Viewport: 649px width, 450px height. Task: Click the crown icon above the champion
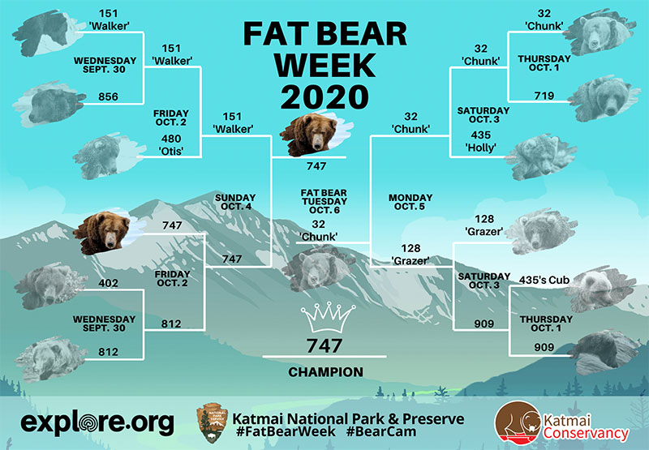[328, 317]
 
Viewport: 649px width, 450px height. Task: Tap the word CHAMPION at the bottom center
[326, 372]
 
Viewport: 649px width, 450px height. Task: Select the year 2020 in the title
[325, 97]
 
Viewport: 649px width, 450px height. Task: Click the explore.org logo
[97, 422]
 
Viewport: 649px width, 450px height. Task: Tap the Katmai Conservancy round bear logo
[518, 423]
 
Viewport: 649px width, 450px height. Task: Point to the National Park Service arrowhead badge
[213, 422]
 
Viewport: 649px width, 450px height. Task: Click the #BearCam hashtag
[381, 432]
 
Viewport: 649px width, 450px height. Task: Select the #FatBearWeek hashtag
[286, 432]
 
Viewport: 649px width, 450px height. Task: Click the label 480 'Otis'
[171, 145]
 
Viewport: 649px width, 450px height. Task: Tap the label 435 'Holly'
[480, 141]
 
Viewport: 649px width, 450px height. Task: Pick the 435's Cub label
[544, 280]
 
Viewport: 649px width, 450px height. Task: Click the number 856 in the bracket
[109, 96]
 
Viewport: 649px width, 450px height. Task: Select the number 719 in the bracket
[544, 96]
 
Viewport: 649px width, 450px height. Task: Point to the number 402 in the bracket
[109, 283]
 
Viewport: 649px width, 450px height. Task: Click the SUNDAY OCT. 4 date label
[235, 202]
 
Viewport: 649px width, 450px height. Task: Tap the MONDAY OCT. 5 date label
[410, 202]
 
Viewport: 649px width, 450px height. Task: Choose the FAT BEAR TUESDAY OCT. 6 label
[324, 201]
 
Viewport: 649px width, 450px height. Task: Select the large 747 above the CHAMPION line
[324, 345]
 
